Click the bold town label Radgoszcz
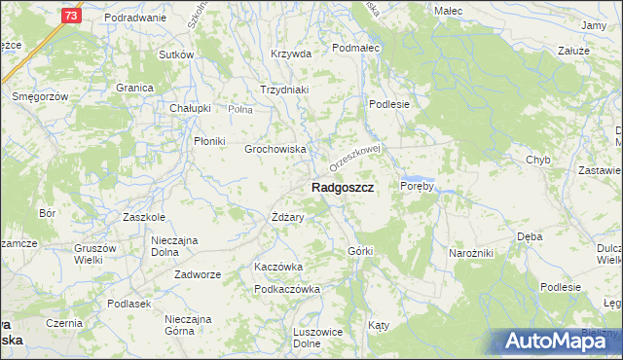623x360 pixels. pos(343,187)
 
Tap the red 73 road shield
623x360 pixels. pos(69,17)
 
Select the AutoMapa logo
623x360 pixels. pos(556,341)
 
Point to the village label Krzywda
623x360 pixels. pos(291,54)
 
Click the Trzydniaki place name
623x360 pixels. pos(283,90)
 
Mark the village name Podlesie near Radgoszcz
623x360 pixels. pos(388,104)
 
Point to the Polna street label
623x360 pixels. pos(239,110)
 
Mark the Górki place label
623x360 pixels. pos(360,251)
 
